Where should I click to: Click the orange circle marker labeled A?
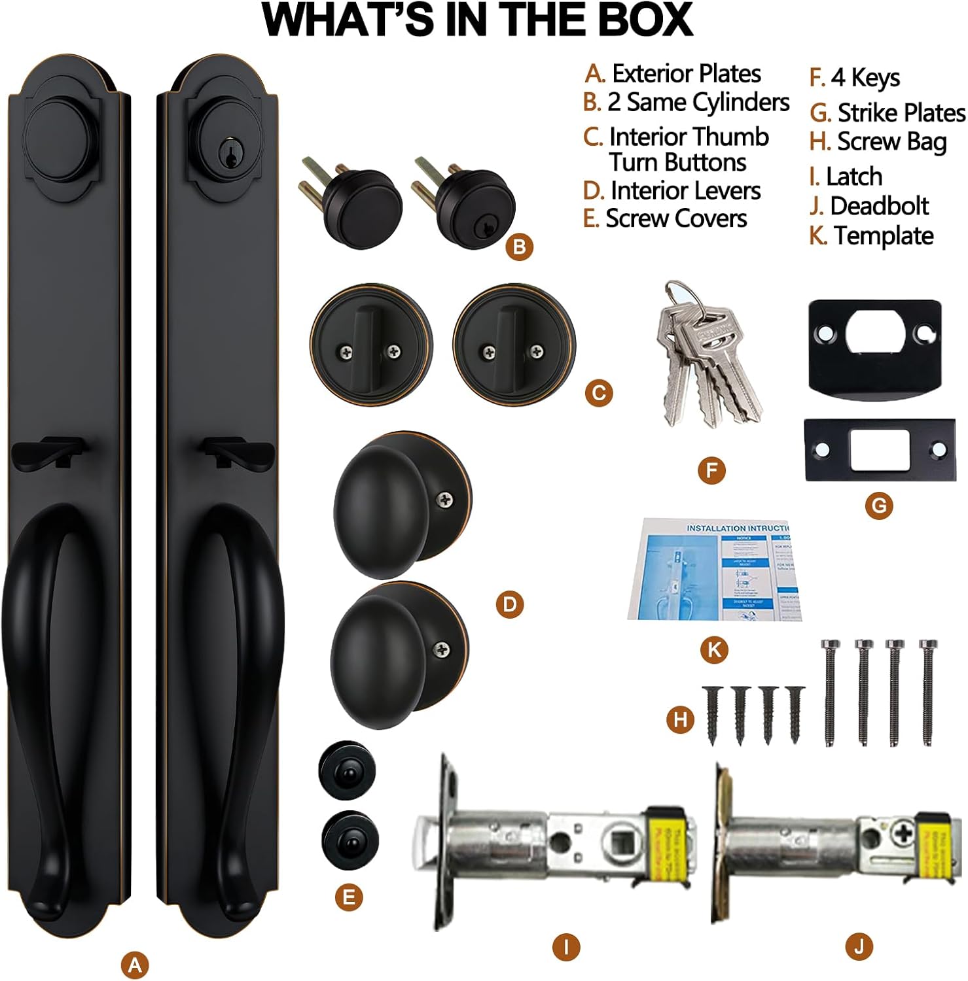pyautogui.click(x=135, y=965)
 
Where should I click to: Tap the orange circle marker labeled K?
pyautogui.click(x=714, y=649)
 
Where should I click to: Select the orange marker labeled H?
pyautogui.click(x=681, y=720)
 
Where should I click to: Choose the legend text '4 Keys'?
pyautogui.click(x=865, y=78)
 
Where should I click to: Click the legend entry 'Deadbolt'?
pyautogui.click(x=879, y=206)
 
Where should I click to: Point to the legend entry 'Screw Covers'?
pyautogui.click(x=676, y=218)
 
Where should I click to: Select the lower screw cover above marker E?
pyautogui.click(x=350, y=840)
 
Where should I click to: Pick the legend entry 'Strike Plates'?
pyautogui.click(x=901, y=112)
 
